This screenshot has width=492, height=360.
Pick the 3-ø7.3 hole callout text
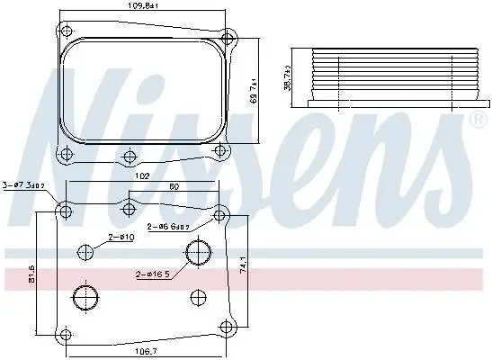pyautogui.click(x=25, y=184)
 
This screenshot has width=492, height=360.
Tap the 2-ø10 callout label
pyautogui.click(x=123, y=237)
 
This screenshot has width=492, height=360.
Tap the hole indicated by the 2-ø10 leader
pyautogui.click(x=86, y=252)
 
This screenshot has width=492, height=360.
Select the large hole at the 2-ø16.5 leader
pyautogui.click(x=196, y=255)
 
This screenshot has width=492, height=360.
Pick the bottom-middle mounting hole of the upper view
pyautogui.click(x=129, y=155)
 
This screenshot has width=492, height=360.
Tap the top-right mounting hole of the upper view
pyautogui.click(x=229, y=38)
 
